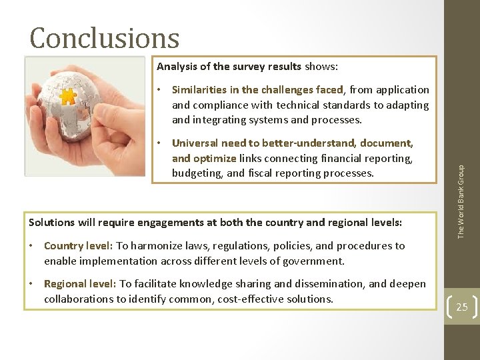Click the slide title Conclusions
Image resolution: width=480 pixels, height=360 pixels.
105,38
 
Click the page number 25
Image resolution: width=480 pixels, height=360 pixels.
461,307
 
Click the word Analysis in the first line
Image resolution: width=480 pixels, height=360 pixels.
177,67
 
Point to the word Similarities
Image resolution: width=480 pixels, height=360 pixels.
199,90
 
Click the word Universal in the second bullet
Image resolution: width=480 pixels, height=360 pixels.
195,143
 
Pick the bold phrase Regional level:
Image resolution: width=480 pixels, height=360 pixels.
81,284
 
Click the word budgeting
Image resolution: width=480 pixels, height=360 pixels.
196,173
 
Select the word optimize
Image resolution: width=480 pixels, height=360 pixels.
214,158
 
